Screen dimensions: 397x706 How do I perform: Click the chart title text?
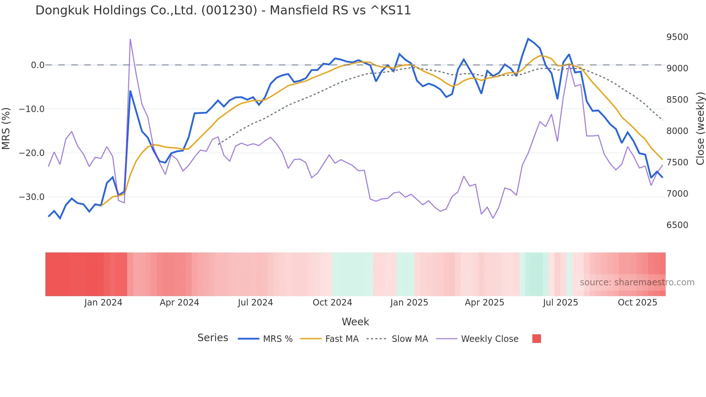tap(223, 10)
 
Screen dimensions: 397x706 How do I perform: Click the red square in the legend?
tap(536, 339)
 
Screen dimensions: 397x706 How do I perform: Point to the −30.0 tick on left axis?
tap(32, 197)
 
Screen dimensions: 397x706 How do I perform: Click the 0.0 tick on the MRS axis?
tap(37, 65)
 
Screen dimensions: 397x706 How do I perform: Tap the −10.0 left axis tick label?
tap(32, 109)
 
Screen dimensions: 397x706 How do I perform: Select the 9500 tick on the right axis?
tap(677, 37)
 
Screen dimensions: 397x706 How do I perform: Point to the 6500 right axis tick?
tap(677, 225)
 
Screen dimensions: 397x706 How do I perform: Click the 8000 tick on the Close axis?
tap(677, 131)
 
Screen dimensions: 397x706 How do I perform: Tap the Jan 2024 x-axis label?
tap(103, 303)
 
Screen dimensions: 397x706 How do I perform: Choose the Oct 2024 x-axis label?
tap(332, 303)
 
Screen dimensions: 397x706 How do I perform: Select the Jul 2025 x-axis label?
tap(560, 303)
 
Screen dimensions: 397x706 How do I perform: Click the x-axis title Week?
tap(355, 322)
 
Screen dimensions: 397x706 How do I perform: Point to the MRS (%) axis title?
tap(6, 128)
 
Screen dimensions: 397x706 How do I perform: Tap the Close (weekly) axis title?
tap(700, 129)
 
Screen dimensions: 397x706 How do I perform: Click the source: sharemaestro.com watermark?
tap(637, 282)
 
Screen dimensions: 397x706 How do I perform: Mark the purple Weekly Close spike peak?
tap(130, 39)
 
